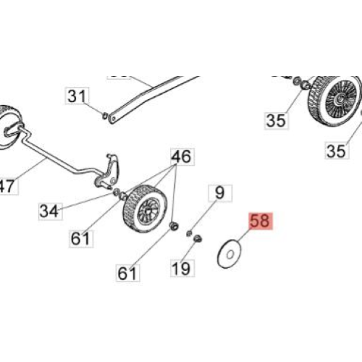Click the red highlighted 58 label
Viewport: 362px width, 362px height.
click(x=260, y=221)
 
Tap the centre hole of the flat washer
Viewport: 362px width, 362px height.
click(x=230, y=254)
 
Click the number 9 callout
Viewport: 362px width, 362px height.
click(x=220, y=193)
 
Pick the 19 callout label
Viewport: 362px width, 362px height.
click(x=182, y=268)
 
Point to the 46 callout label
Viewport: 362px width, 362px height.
click(x=182, y=156)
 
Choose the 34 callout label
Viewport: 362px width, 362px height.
click(x=50, y=211)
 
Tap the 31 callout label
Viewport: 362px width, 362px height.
click(x=77, y=96)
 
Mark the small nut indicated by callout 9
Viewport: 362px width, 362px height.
click(x=189, y=233)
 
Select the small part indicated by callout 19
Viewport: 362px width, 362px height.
click(x=198, y=239)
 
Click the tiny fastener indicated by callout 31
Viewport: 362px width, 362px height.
click(x=105, y=116)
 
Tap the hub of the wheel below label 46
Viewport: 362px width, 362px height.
click(x=148, y=209)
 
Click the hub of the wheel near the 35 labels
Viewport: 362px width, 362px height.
click(x=341, y=98)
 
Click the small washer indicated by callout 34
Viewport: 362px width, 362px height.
click(x=117, y=193)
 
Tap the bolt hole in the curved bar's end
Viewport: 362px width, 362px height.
click(x=113, y=119)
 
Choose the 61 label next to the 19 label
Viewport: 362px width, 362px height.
click(x=128, y=273)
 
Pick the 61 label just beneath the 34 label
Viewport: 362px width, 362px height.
click(x=81, y=238)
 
